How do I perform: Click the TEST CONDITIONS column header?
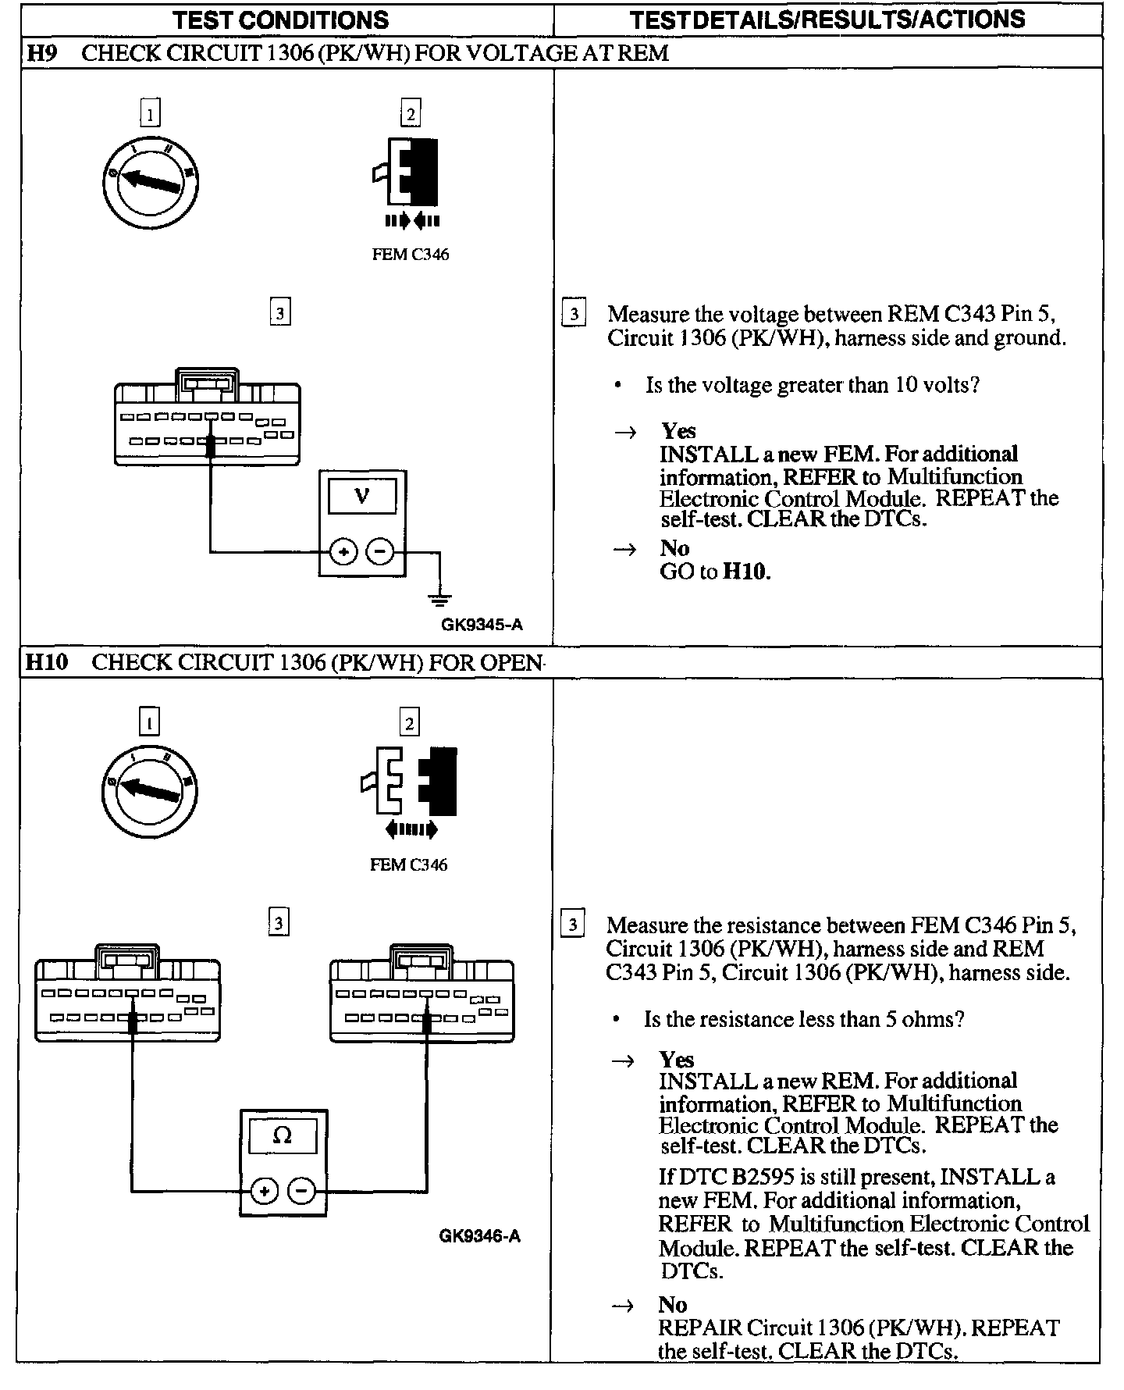click(x=281, y=20)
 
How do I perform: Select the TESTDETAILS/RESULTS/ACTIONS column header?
click(x=827, y=20)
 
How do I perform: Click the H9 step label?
click(x=41, y=53)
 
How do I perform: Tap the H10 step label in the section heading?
click(x=47, y=662)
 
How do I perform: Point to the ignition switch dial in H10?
click(x=149, y=792)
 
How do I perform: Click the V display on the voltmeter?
click(x=362, y=496)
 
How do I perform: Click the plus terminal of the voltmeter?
click(x=343, y=552)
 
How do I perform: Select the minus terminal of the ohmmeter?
click(x=301, y=1191)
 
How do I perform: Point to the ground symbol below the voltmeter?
click(x=440, y=600)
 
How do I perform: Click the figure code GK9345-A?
click(x=482, y=625)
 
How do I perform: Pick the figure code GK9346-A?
click(x=479, y=1235)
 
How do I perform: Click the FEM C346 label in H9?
click(x=411, y=255)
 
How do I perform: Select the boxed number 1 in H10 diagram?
click(x=149, y=722)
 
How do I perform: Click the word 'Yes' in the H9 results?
click(x=678, y=431)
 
